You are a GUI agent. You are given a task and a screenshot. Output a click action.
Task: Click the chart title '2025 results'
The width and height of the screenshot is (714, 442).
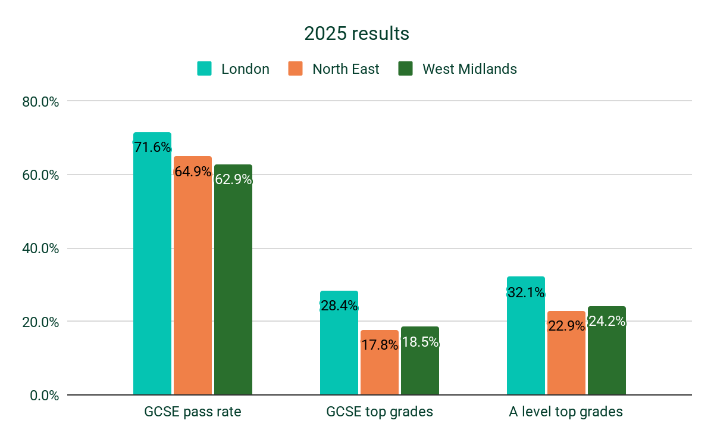356,34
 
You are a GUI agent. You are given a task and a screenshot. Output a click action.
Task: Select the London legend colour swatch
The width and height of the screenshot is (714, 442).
205,69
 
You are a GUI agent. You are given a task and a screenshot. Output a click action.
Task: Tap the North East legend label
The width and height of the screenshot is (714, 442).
346,69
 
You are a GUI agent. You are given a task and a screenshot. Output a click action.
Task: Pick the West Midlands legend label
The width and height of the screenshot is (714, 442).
469,69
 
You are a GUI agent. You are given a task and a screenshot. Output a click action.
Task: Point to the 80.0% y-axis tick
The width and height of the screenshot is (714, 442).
41,102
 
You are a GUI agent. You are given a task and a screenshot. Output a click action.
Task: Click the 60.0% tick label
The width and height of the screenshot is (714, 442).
41,175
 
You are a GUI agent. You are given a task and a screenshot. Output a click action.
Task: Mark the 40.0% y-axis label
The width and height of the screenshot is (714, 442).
41,248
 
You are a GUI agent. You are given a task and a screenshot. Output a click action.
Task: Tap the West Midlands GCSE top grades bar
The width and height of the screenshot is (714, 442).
420,369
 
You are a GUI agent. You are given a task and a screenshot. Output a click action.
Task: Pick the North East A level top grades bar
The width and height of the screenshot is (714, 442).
566,363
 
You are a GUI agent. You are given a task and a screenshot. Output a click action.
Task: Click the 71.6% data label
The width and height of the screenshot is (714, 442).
152,147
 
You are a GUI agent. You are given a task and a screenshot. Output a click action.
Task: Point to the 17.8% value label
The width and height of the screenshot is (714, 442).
380,344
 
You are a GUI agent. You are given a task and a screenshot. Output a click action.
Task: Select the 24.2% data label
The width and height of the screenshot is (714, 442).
607,322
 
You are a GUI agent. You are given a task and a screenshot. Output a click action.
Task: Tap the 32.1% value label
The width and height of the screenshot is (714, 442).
526,292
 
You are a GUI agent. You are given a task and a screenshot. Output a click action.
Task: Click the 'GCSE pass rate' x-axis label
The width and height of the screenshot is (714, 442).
193,412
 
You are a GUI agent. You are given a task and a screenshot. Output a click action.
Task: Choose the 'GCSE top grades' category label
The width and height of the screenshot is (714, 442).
380,412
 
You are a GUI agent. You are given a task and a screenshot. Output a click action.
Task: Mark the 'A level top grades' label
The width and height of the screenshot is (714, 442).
566,412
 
